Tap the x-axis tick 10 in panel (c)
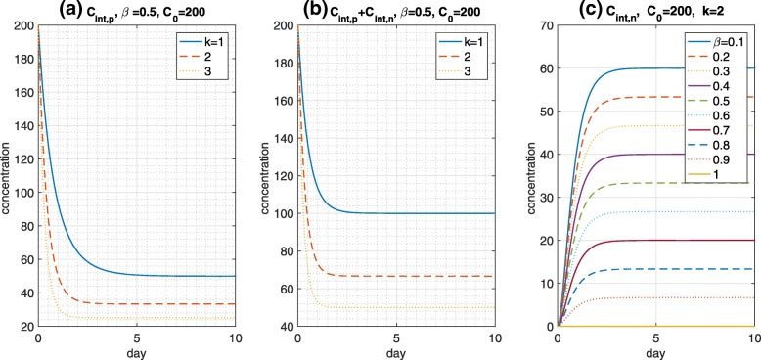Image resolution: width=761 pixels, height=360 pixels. pos(751,338)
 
